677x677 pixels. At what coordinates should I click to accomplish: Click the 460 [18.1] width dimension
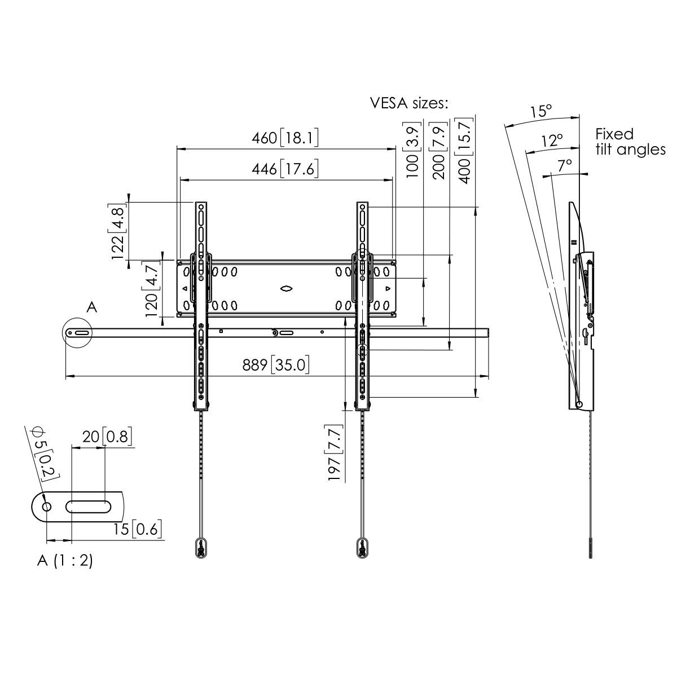click(285, 138)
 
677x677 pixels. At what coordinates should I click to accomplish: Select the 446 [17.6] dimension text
click(285, 169)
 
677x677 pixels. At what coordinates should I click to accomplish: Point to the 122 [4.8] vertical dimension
click(118, 231)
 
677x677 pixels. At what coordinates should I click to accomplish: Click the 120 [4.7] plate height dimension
click(152, 289)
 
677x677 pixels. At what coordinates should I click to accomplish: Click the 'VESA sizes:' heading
click(409, 103)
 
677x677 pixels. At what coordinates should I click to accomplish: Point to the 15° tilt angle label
click(540, 111)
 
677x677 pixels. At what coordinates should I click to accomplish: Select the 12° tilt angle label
click(552, 140)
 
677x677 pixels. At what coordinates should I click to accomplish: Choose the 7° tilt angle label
click(565, 165)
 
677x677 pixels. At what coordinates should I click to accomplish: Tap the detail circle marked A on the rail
click(78, 333)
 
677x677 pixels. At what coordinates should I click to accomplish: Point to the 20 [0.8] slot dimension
click(107, 437)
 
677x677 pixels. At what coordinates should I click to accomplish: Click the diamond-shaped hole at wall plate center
click(286, 288)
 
